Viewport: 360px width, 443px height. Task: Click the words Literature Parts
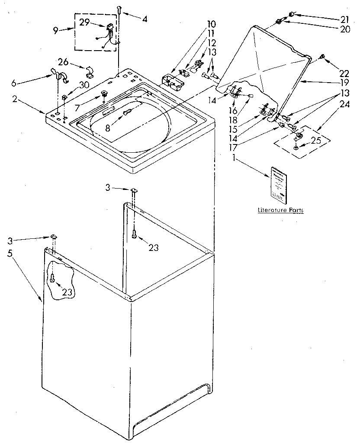280,210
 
